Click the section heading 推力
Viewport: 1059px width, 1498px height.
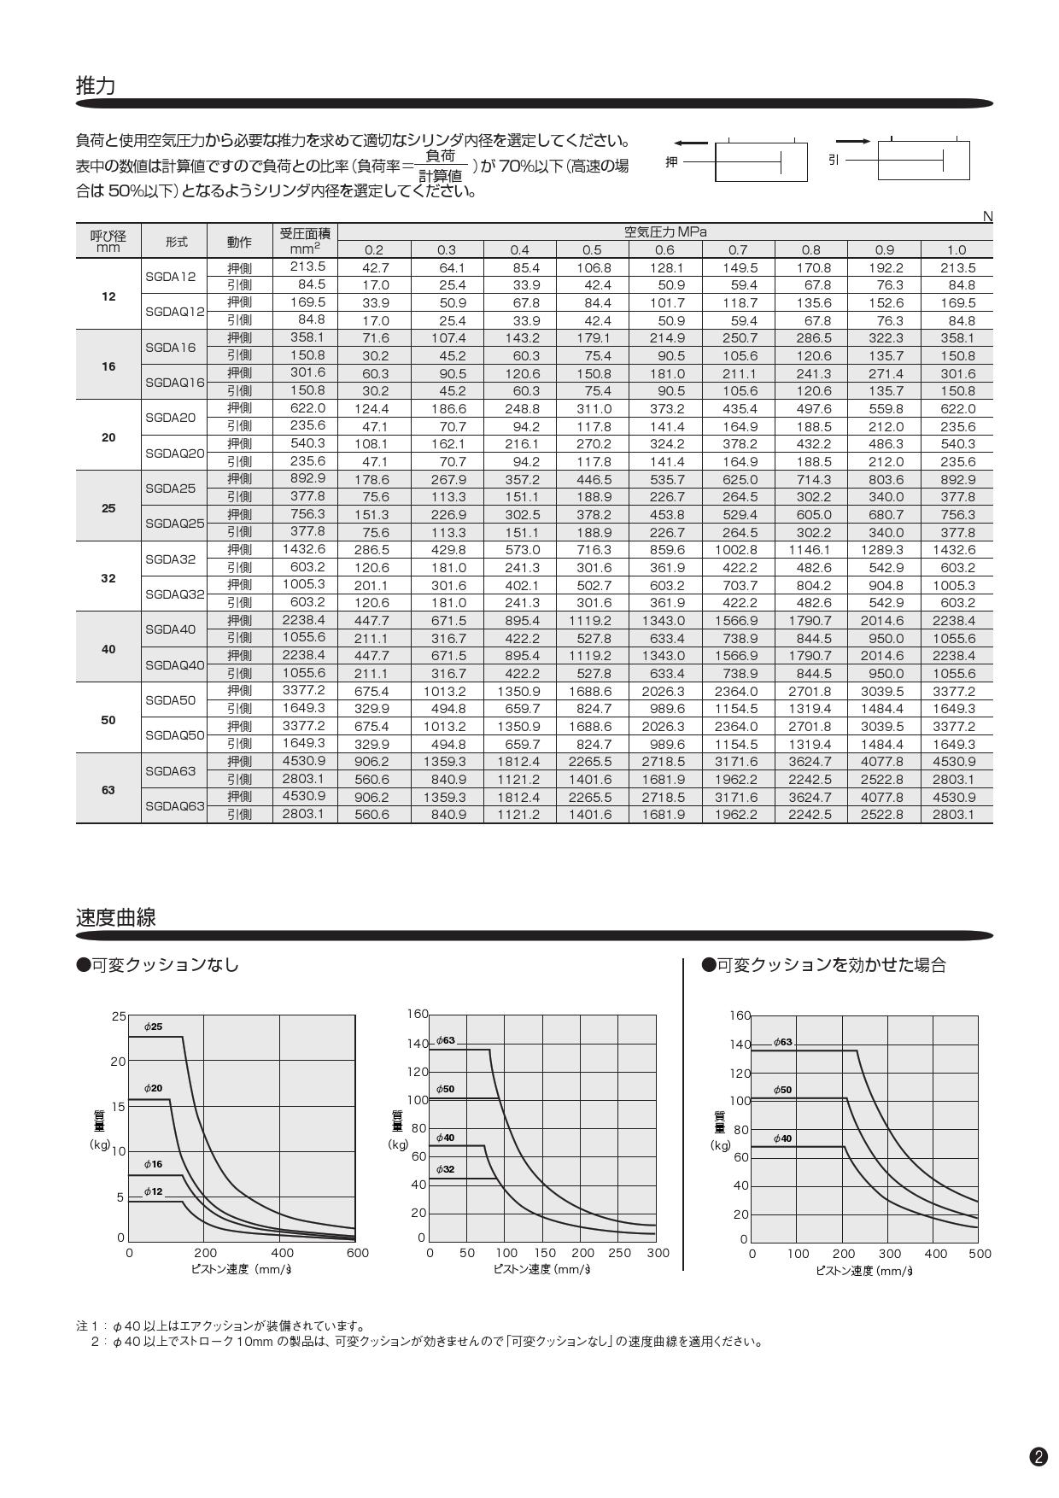(96, 85)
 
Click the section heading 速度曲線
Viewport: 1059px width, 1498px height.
(116, 917)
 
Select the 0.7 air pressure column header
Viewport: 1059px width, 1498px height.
(738, 250)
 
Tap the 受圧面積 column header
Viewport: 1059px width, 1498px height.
(305, 233)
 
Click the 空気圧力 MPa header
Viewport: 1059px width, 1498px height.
(665, 232)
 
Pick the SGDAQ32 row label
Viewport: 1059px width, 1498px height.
(174, 594)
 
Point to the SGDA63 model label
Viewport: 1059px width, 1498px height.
(170, 770)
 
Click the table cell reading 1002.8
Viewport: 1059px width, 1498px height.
(737, 550)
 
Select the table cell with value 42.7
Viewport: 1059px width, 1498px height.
(374, 268)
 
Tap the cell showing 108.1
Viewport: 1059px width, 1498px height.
(372, 444)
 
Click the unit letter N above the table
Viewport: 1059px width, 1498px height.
(987, 217)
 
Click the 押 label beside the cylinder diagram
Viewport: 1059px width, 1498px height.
(671, 161)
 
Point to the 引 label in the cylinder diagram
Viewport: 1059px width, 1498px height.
(834, 160)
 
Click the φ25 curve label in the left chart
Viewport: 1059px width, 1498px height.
(153, 1026)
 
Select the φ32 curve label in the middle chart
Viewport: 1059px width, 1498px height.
(446, 1168)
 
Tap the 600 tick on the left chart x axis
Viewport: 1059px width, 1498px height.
(358, 1253)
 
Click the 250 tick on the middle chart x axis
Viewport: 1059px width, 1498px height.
(619, 1253)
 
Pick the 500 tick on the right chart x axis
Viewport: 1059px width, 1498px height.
(980, 1254)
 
